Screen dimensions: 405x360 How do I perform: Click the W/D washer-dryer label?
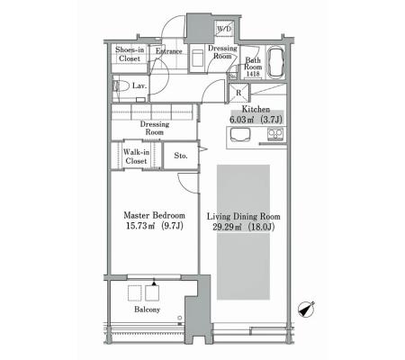coord(224,29)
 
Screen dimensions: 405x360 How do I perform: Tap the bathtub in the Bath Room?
coord(275,63)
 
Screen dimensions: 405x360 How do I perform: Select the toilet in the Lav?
coord(121,86)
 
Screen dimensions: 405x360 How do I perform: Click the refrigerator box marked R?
coord(239,93)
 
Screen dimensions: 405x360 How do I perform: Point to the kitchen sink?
coord(239,134)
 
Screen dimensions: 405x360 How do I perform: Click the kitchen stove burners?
coord(275,133)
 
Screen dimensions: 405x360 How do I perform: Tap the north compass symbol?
coord(306,309)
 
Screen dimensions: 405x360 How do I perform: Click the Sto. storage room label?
coord(181,156)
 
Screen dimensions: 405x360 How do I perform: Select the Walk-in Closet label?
coord(136,157)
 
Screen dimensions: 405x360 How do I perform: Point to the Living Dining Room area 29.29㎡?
coord(228,227)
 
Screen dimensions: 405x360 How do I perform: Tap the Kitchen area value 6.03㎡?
coord(241,120)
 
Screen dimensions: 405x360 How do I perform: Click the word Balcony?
coord(147,310)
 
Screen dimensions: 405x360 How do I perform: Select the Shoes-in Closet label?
coord(130,54)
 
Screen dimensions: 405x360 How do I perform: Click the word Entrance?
coord(168,51)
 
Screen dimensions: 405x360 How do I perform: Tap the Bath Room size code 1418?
coord(253,74)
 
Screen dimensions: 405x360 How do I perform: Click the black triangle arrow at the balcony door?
coord(154,283)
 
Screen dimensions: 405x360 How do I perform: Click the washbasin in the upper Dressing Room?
coord(197,58)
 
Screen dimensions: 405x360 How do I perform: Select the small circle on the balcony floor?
coord(179,318)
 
